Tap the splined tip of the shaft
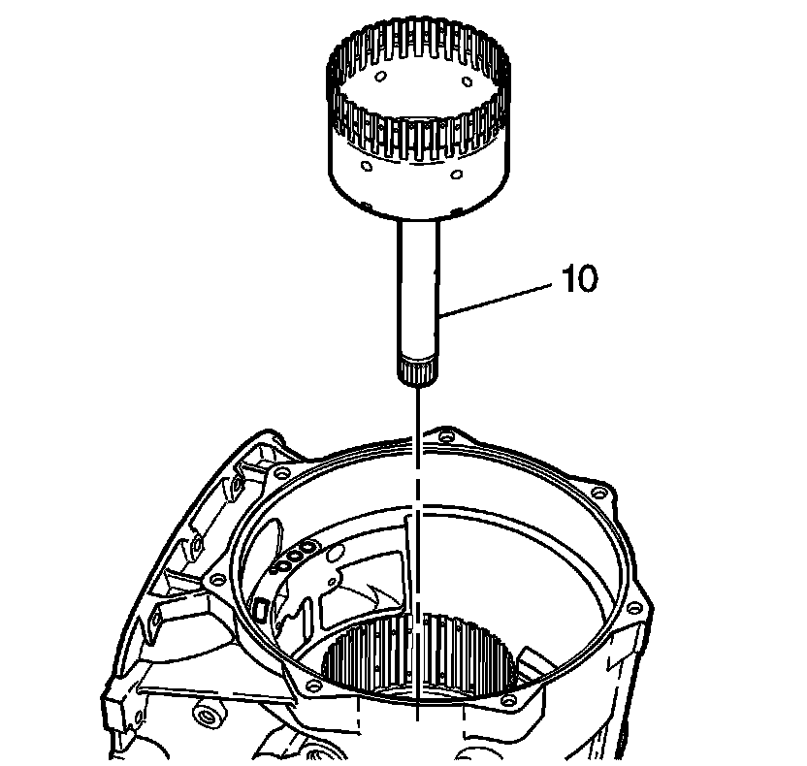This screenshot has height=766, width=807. pyautogui.click(x=418, y=369)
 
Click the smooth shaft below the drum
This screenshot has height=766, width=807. pyautogui.click(x=418, y=291)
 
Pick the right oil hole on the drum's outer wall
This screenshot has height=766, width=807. pyautogui.click(x=455, y=176)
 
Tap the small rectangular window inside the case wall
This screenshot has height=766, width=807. pyautogui.click(x=260, y=610)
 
